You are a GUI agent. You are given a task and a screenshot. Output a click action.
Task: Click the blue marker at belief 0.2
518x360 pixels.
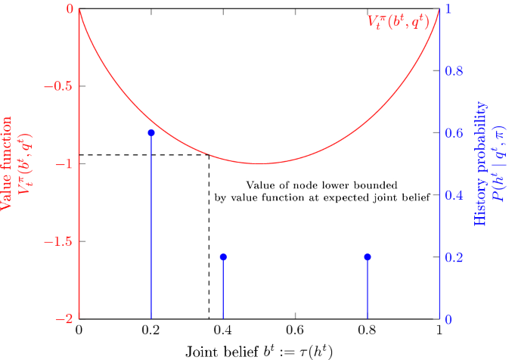[151, 133]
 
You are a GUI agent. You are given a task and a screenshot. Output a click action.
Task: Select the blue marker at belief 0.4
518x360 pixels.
[223, 257]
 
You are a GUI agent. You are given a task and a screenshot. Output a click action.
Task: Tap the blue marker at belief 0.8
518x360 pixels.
[368, 257]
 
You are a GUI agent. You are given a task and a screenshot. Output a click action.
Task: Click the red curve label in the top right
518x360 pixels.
[399, 22]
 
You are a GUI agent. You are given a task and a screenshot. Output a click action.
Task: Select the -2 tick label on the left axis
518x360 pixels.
[64, 319]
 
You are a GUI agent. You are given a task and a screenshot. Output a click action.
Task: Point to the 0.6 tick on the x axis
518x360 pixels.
[295, 331]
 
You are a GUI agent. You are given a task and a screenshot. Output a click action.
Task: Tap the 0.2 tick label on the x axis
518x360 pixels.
[151, 331]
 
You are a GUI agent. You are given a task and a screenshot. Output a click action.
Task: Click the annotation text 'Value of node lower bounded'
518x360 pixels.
[322, 185]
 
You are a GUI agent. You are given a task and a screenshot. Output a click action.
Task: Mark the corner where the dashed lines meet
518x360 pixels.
[209, 155]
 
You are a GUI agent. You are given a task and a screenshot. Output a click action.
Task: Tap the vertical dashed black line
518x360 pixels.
[209, 242]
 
